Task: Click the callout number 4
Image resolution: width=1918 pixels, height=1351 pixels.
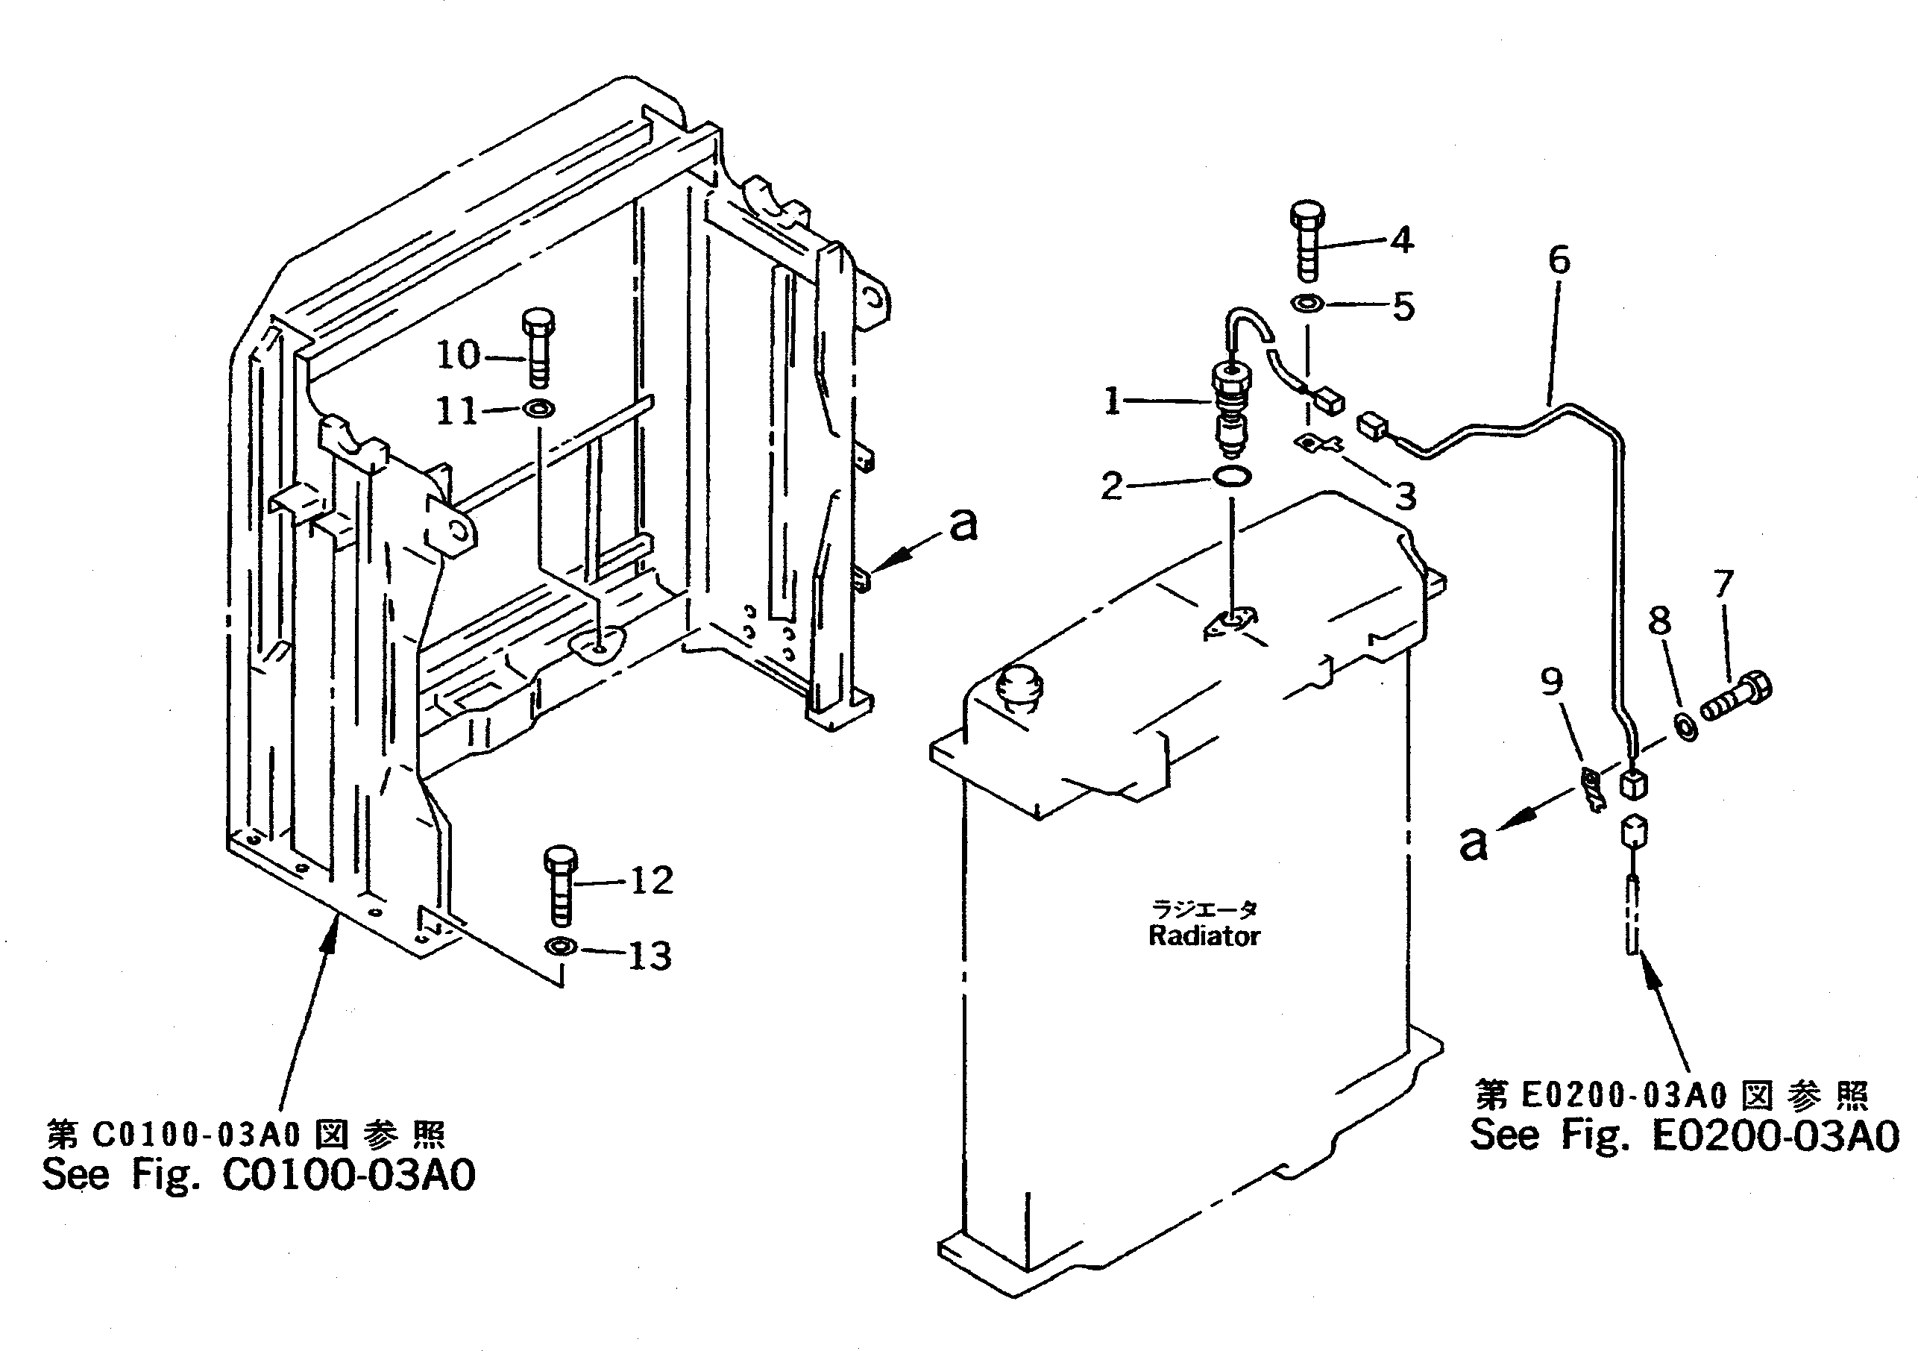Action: coord(1402,241)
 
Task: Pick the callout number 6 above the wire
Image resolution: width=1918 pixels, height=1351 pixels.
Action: coord(1559,260)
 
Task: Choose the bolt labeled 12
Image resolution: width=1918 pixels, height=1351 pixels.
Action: coord(561,885)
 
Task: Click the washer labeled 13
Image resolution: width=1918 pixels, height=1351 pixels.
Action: coord(561,947)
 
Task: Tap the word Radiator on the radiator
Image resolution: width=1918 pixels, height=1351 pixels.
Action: coord(1204,935)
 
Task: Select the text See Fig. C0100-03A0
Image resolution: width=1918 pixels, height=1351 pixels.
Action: coord(259,1175)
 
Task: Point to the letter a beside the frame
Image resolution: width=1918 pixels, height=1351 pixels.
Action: coord(963,524)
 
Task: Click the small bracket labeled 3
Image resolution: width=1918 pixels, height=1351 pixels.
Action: coord(1318,444)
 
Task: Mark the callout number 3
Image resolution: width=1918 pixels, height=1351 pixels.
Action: coord(1406,497)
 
